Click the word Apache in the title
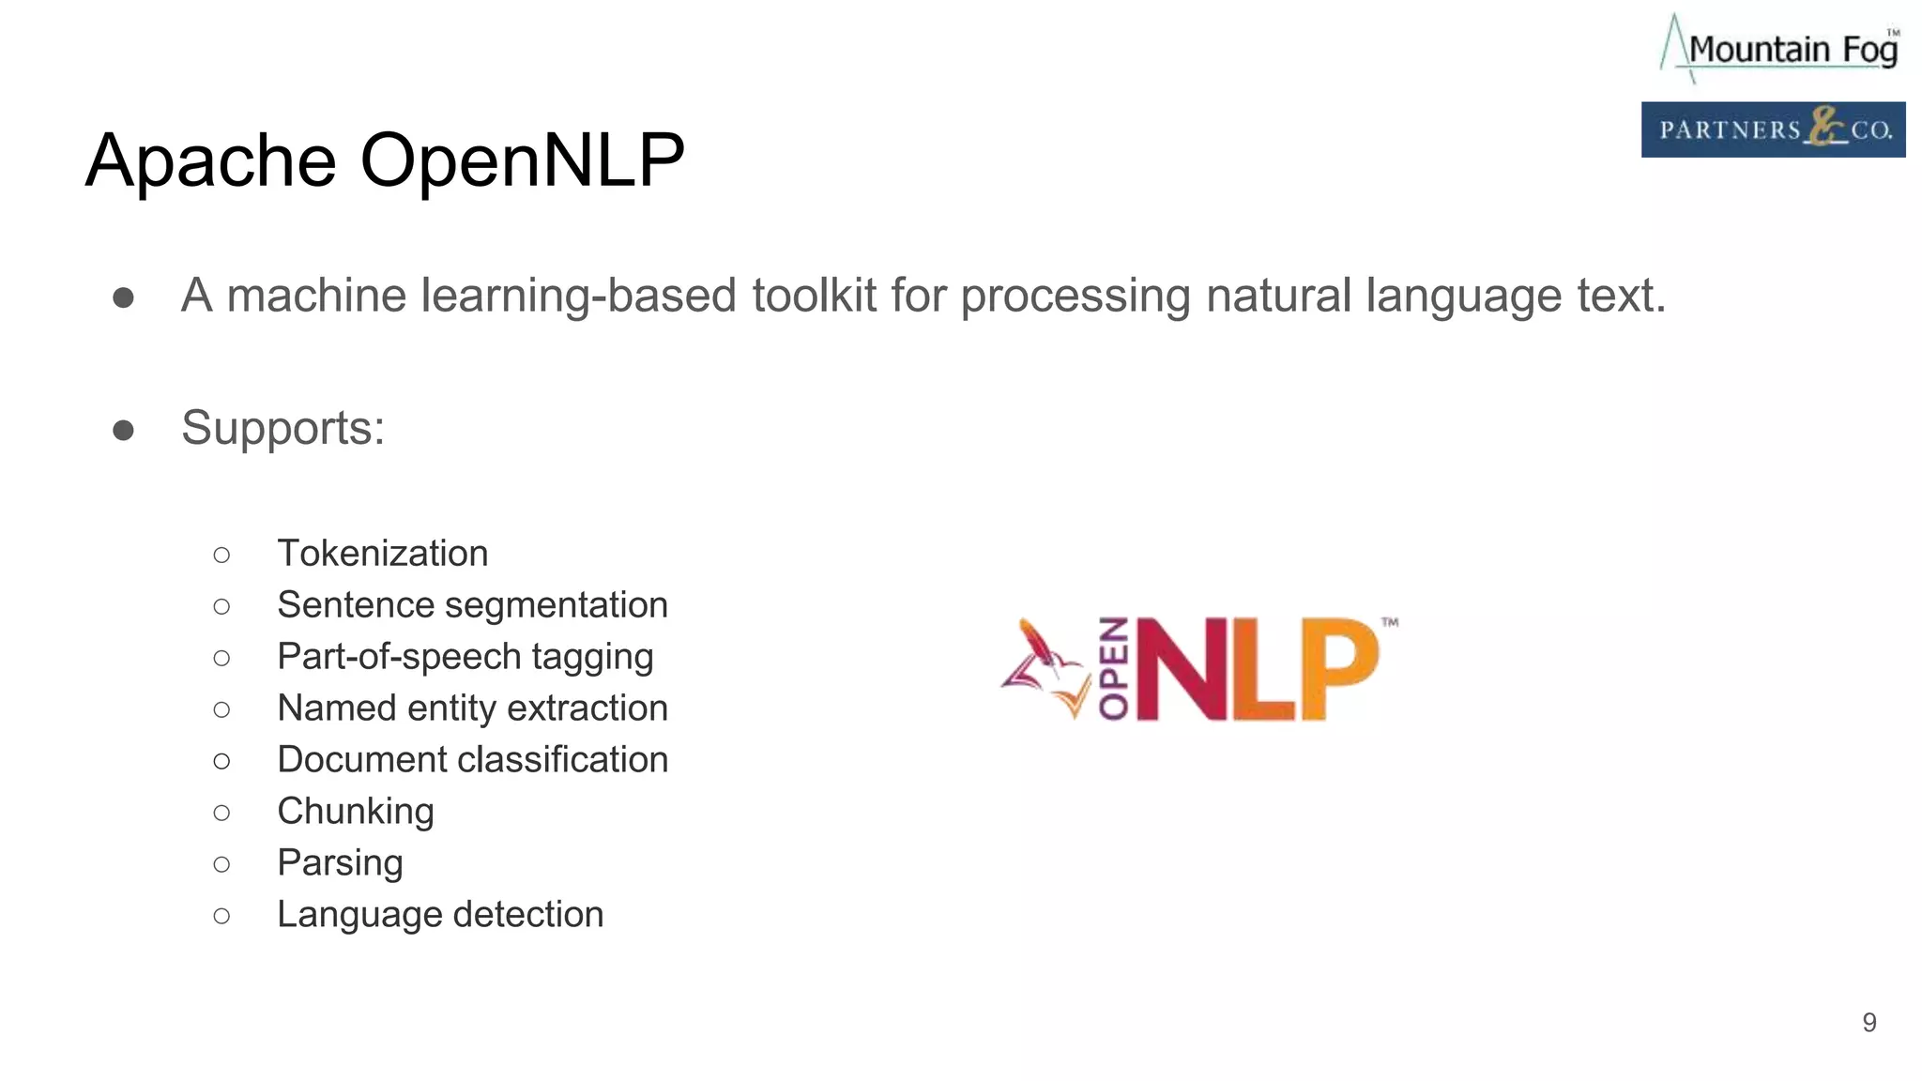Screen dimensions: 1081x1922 (211, 161)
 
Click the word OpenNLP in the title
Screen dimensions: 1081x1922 (522, 161)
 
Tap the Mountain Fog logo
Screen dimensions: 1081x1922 (1779, 48)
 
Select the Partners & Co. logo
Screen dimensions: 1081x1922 (1773, 129)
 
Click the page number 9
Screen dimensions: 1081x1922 (1869, 1022)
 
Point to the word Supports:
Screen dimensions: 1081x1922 (282, 428)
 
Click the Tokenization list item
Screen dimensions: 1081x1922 (382, 554)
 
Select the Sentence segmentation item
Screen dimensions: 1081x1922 (472, 605)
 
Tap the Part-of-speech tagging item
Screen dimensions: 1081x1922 (465, 657)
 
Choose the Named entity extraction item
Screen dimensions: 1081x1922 (472, 708)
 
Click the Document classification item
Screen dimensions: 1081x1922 (472, 760)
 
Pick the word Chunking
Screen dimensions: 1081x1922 (355, 812)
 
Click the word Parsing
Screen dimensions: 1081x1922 (340, 863)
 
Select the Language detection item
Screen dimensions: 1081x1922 (440, 915)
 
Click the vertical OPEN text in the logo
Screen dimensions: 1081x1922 (1114, 668)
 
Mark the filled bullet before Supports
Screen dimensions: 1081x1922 (123, 431)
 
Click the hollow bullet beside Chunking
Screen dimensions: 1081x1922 (221, 813)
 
